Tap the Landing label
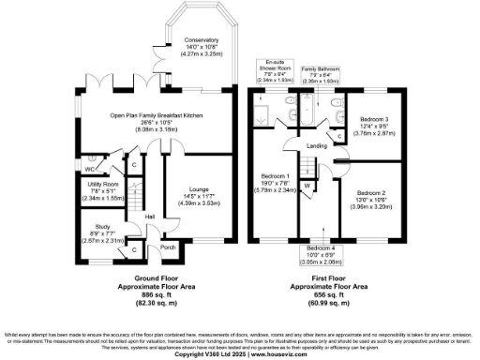pos(317,145)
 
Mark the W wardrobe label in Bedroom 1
pos(307,185)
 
